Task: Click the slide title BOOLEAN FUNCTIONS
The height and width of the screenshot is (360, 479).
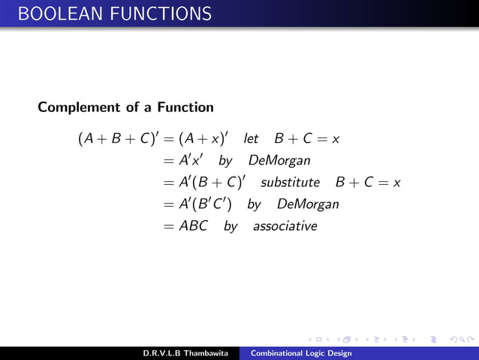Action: coord(105,14)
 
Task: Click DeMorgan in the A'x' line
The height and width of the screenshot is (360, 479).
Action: coord(279,161)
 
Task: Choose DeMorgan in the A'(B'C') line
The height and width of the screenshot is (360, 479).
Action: coord(308,204)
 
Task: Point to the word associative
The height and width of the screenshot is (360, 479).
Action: coord(285,225)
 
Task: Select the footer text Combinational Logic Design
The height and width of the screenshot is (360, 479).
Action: coord(300,353)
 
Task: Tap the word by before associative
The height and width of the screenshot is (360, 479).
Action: coord(230,226)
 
